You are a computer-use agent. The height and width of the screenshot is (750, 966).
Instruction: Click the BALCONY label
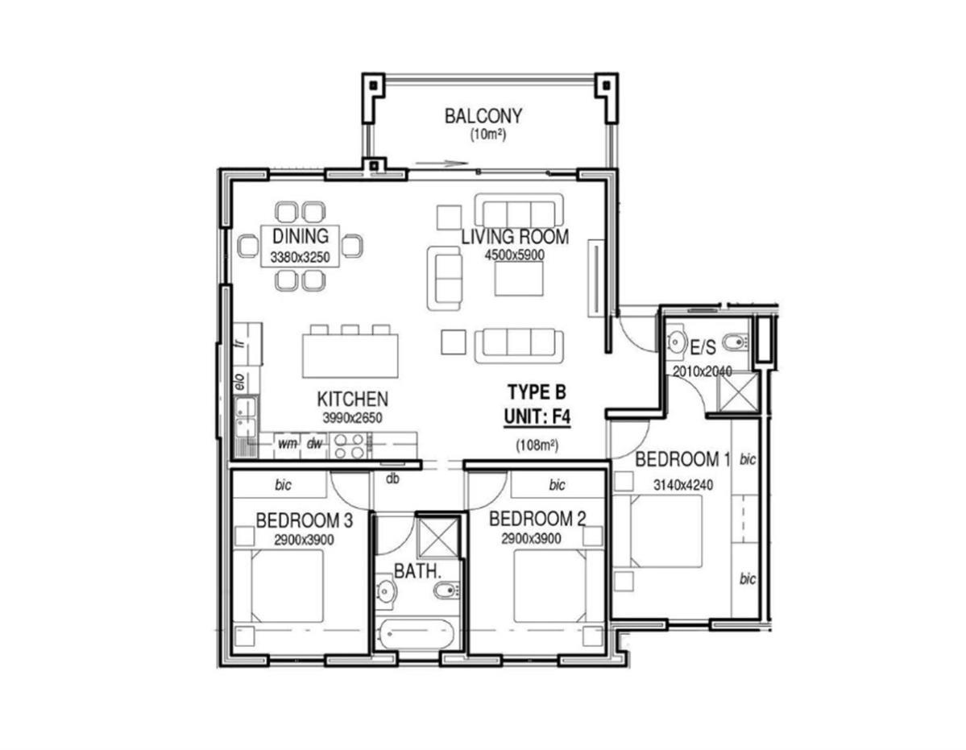pos(483,116)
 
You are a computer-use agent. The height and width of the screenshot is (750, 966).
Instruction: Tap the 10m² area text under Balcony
pos(488,135)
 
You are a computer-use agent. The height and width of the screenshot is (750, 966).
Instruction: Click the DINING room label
pos(300,236)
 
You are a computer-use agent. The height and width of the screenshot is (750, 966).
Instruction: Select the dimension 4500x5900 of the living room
pos(514,255)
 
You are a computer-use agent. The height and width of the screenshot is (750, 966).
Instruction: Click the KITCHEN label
pos(352,399)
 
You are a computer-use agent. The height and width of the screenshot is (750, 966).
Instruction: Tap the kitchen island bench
pos(350,355)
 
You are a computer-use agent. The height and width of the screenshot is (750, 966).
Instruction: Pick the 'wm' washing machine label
pos(287,443)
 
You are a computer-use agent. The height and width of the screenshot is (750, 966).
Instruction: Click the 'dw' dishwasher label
pos(314,443)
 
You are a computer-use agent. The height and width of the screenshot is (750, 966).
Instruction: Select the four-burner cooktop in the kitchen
pos(350,445)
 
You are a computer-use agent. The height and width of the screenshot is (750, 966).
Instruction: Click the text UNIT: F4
pos(537,416)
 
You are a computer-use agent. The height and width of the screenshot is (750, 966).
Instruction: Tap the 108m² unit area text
pos(537,445)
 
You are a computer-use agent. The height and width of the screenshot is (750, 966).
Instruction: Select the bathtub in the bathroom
pos(417,634)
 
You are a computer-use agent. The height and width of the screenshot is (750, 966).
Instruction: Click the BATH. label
pos(417,571)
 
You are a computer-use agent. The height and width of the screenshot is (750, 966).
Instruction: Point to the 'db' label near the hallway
pos(392,478)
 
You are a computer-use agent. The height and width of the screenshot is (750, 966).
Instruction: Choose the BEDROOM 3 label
pos(304,521)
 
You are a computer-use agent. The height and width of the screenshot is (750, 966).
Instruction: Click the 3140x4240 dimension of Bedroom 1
pos(682,485)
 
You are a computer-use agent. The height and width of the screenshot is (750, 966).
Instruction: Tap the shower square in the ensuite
pos(737,392)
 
